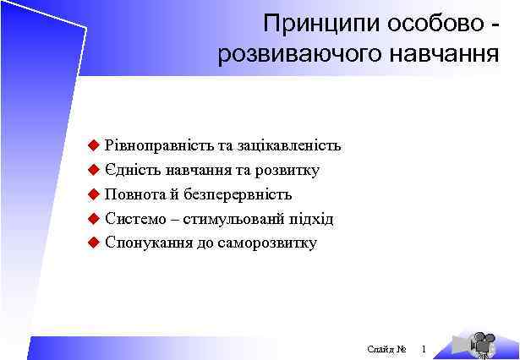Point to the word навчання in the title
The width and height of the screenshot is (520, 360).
click(x=445, y=56)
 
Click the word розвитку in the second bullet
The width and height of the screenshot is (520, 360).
click(x=286, y=170)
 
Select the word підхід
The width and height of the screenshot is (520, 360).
click(x=310, y=219)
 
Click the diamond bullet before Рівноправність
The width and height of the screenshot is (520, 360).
click(x=94, y=145)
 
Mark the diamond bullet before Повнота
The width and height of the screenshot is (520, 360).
click(x=94, y=194)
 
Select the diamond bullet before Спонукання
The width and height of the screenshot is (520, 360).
click(x=94, y=243)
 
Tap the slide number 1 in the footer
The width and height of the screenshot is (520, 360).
click(x=424, y=349)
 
